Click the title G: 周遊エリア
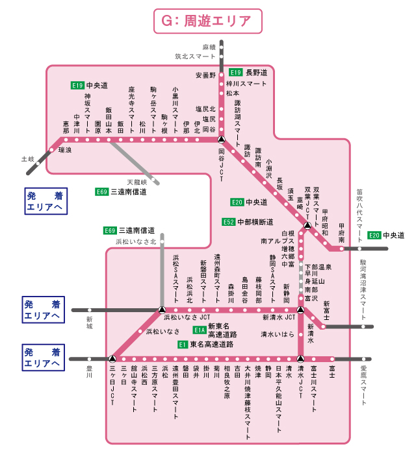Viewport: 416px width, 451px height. [x=207, y=20]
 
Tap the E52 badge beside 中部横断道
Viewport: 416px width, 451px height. [x=227, y=222]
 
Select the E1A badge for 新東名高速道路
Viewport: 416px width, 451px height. [x=199, y=330]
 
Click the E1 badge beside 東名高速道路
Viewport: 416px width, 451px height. [x=183, y=345]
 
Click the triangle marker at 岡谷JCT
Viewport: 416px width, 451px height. [x=221, y=139]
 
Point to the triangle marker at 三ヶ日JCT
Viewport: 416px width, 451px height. [x=112, y=358]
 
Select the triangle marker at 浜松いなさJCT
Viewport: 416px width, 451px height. [x=161, y=310]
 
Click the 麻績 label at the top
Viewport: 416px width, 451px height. [x=208, y=47]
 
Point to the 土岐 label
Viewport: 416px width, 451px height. [x=27, y=158]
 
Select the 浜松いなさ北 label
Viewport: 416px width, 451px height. [x=136, y=241]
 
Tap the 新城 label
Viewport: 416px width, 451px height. [x=89, y=322]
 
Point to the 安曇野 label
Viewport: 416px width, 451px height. [x=205, y=75]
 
